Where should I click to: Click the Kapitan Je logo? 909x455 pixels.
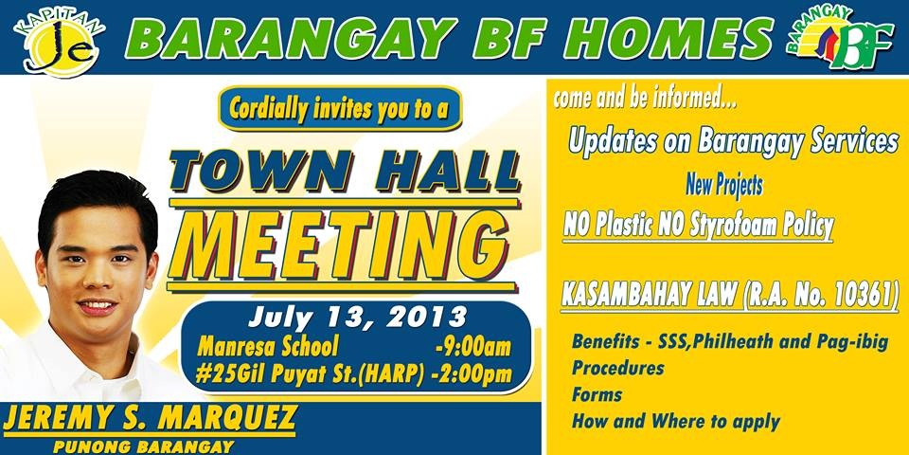click(59, 43)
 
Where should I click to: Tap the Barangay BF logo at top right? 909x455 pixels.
click(840, 38)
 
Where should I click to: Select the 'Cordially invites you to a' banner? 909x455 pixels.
click(339, 108)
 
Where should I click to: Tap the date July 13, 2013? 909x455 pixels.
click(357, 317)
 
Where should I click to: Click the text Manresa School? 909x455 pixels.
click(267, 347)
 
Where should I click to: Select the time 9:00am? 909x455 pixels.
click(473, 347)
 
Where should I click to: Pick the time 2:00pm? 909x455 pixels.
click(472, 374)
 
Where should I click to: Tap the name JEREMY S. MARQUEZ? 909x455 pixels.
click(151, 418)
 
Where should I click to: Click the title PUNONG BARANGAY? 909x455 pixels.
click(144, 446)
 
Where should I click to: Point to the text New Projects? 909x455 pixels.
click(724, 185)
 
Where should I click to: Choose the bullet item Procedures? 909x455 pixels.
click(618, 369)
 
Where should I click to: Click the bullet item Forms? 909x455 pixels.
click(597, 395)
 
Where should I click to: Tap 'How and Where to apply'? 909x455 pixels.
click(676, 421)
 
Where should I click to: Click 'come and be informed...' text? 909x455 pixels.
click(645, 98)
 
